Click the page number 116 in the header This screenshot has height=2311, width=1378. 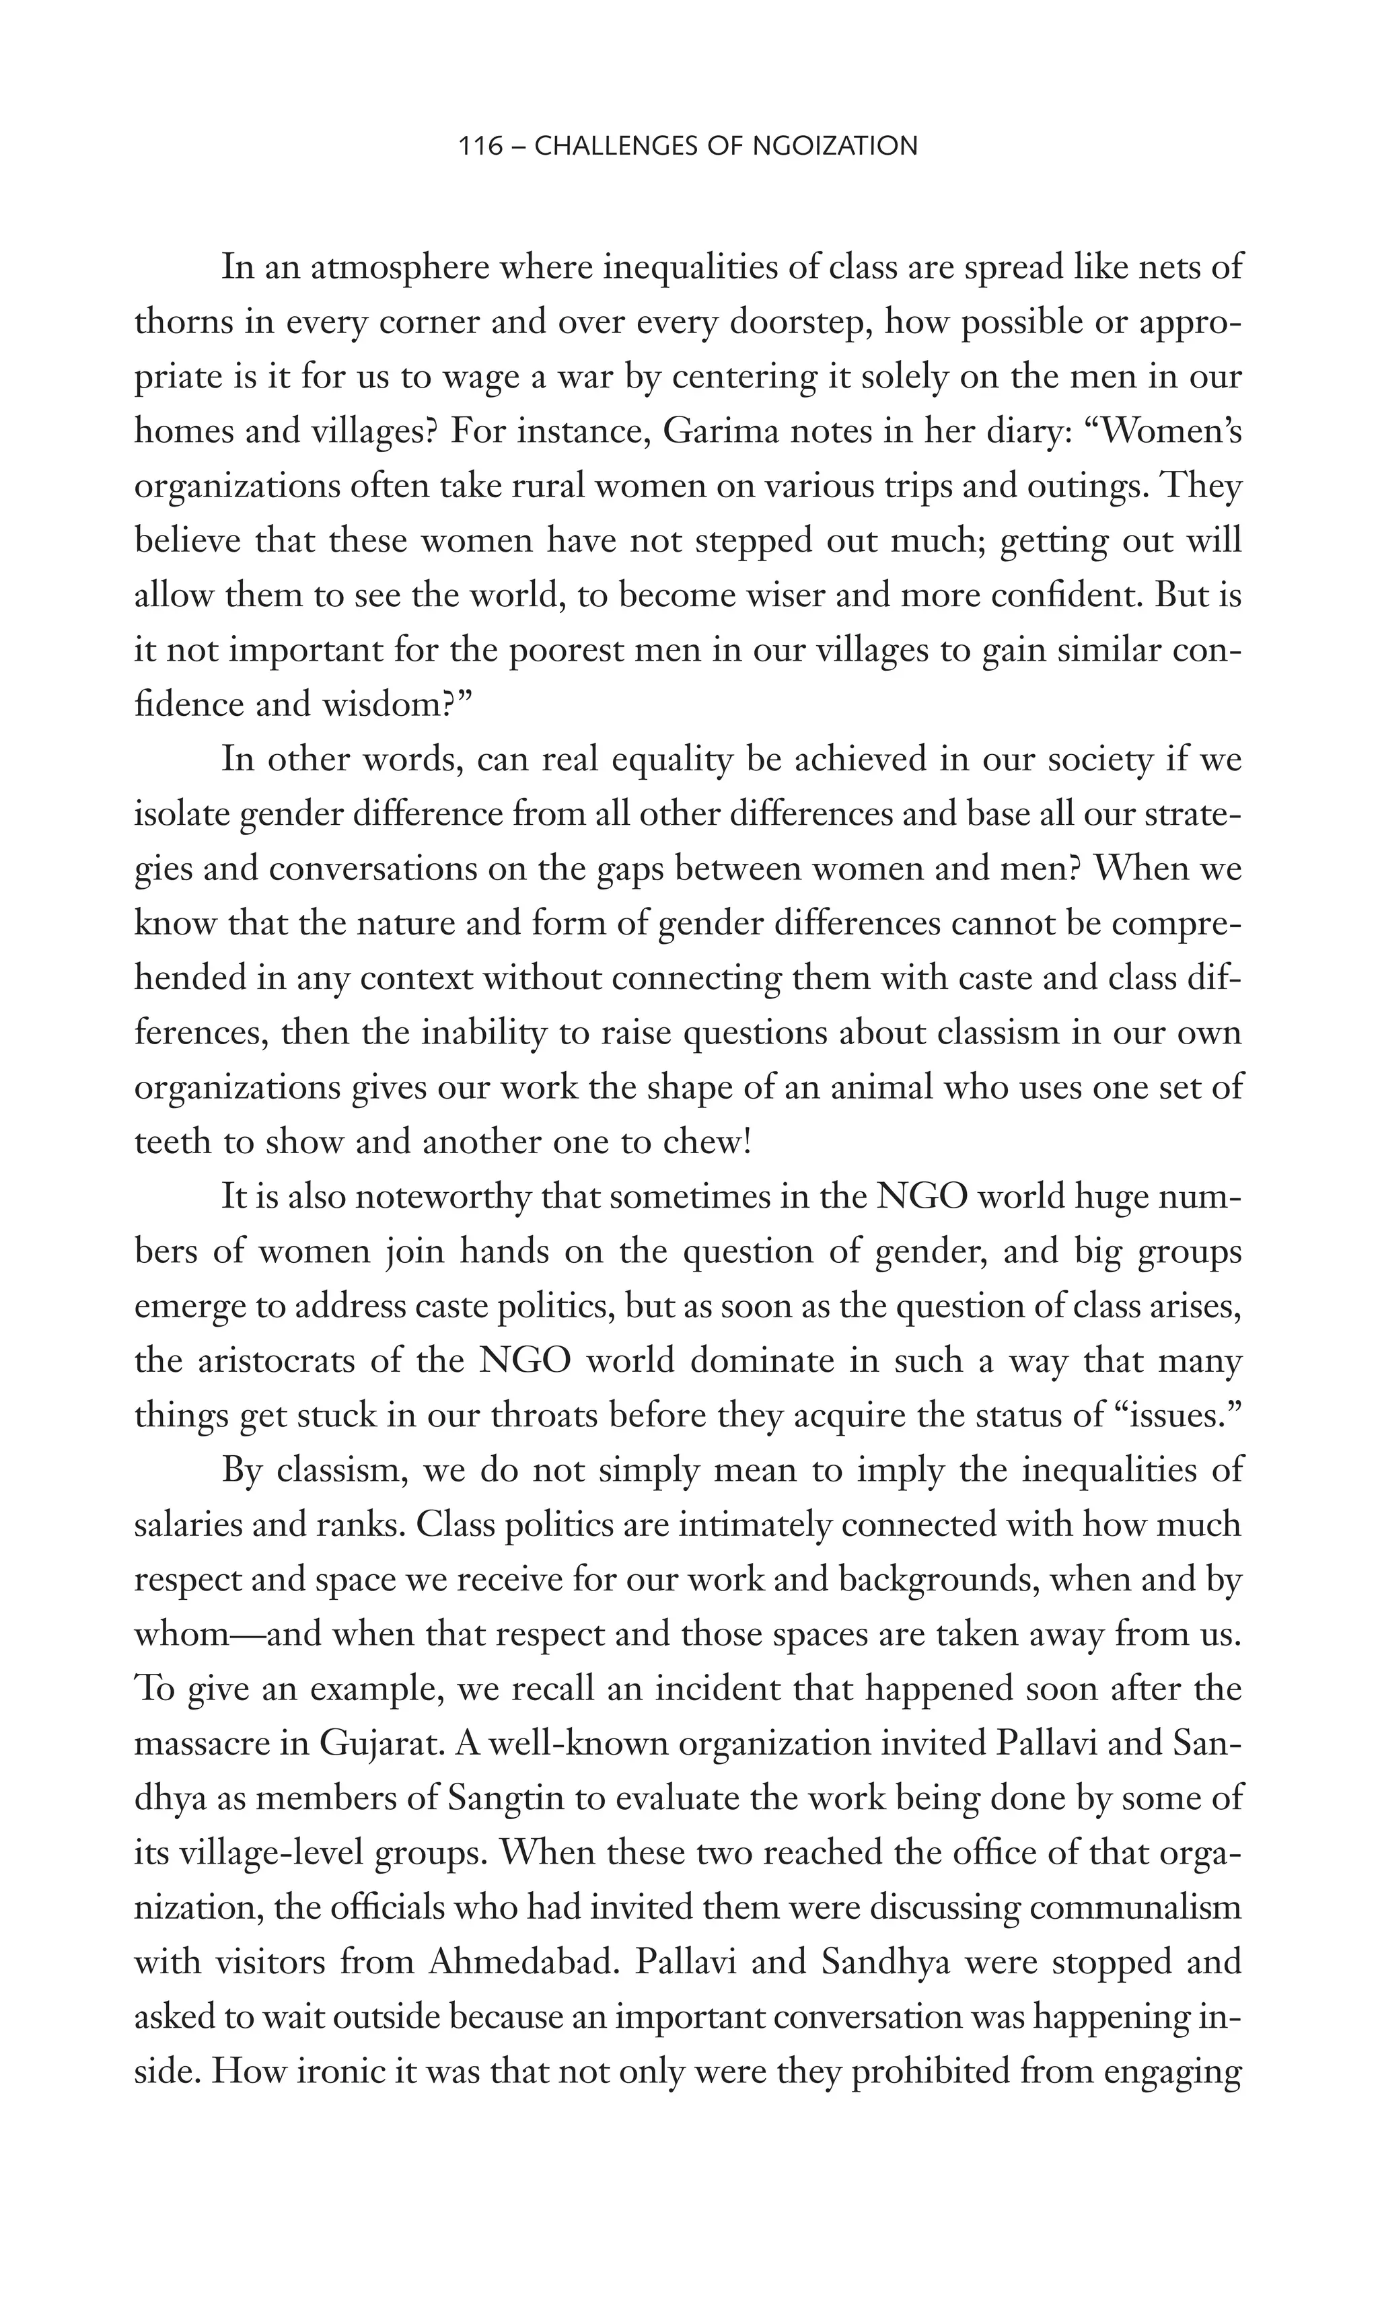coord(481,146)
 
